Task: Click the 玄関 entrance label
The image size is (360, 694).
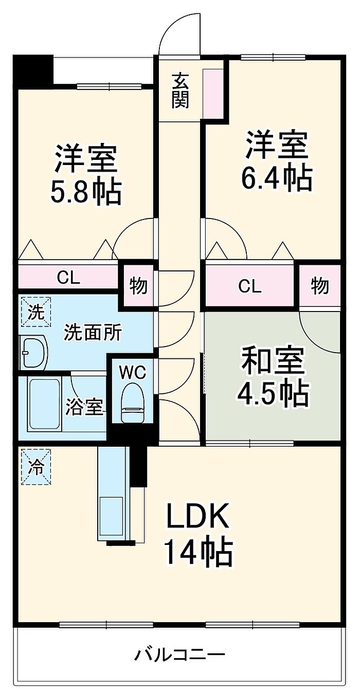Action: click(180, 91)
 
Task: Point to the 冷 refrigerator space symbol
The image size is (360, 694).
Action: click(36, 467)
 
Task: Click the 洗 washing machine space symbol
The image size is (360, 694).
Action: click(36, 312)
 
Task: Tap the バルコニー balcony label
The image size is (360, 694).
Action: click(180, 655)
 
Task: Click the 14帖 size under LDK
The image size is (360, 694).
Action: click(197, 553)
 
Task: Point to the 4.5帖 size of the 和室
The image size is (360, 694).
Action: click(273, 393)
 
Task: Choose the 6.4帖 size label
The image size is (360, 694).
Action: click(276, 177)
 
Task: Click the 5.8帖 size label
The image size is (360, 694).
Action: click(86, 191)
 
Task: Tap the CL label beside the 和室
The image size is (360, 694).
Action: click(249, 287)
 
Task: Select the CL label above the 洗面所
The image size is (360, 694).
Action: click(68, 278)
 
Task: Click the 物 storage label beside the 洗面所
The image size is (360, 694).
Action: click(137, 286)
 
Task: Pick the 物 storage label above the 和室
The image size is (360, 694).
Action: click(320, 286)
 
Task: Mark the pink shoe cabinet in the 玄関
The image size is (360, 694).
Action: click(213, 93)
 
